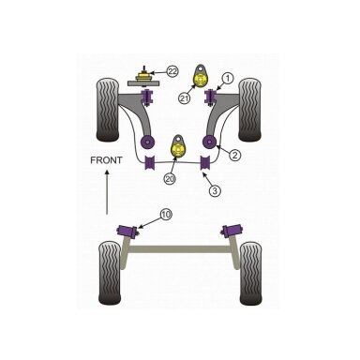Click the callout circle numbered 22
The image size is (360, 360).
pyautogui.click(x=172, y=71)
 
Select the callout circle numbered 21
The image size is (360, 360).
pyautogui.click(x=185, y=98)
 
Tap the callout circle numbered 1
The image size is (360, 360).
pyautogui.click(x=228, y=79)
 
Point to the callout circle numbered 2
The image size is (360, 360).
pyautogui.click(x=235, y=155)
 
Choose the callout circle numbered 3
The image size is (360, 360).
pyautogui.click(x=215, y=190)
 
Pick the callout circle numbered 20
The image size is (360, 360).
pyautogui.click(x=170, y=179)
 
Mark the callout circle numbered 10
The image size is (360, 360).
pyautogui.click(x=166, y=215)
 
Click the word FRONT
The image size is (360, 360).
pyautogui.click(x=106, y=160)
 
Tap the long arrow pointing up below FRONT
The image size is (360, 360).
pyautogui.click(x=107, y=192)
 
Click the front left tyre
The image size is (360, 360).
pyautogui.click(x=108, y=111)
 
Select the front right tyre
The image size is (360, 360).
pyautogui.click(x=249, y=110)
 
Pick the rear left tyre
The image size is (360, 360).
pyautogui.click(x=110, y=273)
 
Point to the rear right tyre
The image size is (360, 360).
pyautogui.click(x=251, y=274)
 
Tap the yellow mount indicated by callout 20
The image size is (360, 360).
pyautogui.click(x=178, y=150)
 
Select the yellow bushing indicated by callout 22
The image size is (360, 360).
pyautogui.click(x=143, y=77)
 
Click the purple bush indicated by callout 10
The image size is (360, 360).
pyautogui.click(x=128, y=232)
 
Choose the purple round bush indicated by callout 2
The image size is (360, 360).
pyautogui.click(x=209, y=142)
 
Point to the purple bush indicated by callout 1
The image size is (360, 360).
pyautogui.click(x=210, y=97)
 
